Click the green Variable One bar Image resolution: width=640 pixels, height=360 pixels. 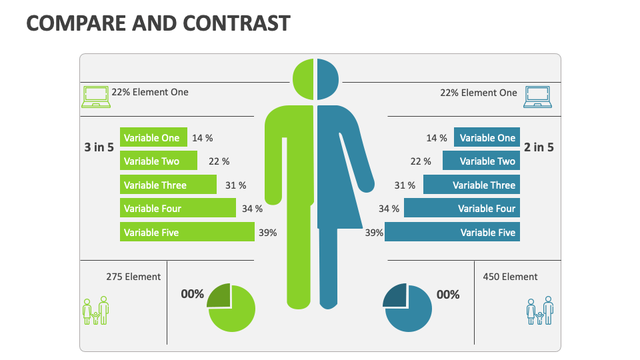tap(153, 138)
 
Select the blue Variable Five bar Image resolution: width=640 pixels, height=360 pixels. tap(452, 232)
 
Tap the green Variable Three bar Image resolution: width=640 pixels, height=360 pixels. tap(168, 185)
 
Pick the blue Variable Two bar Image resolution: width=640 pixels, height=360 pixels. tap(481, 161)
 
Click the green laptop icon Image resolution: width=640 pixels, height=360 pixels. tap(95, 97)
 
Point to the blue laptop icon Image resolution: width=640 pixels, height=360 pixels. tap(539, 97)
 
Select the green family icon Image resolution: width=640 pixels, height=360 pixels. tap(95, 310)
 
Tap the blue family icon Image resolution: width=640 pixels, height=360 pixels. tap(540, 310)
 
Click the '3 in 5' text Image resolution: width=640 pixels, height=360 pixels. tap(99, 147)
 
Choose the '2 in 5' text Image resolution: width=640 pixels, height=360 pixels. tap(539, 147)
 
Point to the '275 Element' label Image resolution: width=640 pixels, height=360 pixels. tap(133, 277)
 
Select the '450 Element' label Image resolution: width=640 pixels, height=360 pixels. tap(510, 277)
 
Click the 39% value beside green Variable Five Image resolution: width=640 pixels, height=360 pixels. tap(267, 233)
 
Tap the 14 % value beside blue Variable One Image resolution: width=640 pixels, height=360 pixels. tap(437, 138)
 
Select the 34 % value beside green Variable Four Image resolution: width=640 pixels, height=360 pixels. tap(252, 209)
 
